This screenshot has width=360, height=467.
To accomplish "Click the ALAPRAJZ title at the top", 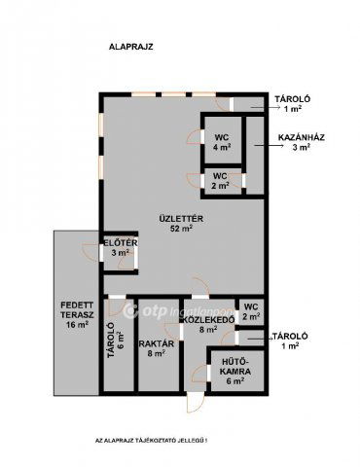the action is tap(130, 47).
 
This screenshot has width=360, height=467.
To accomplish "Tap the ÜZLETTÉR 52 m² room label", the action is tap(181, 223).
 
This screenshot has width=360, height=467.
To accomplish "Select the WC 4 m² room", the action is tap(223, 140).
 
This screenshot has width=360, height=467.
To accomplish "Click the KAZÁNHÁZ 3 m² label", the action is tap(302, 142).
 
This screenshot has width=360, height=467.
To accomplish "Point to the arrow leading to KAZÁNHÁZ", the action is tap(269, 146).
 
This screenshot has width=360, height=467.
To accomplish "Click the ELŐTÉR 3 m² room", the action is tap(120, 253).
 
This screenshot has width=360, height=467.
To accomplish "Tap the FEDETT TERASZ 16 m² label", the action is tap(77, 314).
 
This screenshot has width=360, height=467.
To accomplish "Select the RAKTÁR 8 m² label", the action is tap(157, 348).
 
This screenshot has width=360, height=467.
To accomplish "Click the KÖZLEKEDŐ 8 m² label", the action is tap(209, 324).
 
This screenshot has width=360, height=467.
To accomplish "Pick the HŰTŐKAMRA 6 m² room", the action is tap(235, 371).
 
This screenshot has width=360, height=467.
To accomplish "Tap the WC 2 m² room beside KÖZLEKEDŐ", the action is tap(251, 311).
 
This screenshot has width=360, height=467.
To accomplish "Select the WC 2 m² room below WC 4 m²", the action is tap(222, 181).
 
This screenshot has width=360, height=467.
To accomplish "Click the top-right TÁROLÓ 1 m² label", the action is tap(293, 104).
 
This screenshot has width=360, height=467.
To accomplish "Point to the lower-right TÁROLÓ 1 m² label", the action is tap(290, 341).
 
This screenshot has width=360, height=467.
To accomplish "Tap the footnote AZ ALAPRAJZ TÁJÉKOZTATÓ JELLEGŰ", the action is tap(151, 441).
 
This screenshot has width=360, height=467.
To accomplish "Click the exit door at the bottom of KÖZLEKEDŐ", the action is tap(196, 402).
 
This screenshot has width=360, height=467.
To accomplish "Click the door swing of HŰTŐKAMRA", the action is tap(198, 373).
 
